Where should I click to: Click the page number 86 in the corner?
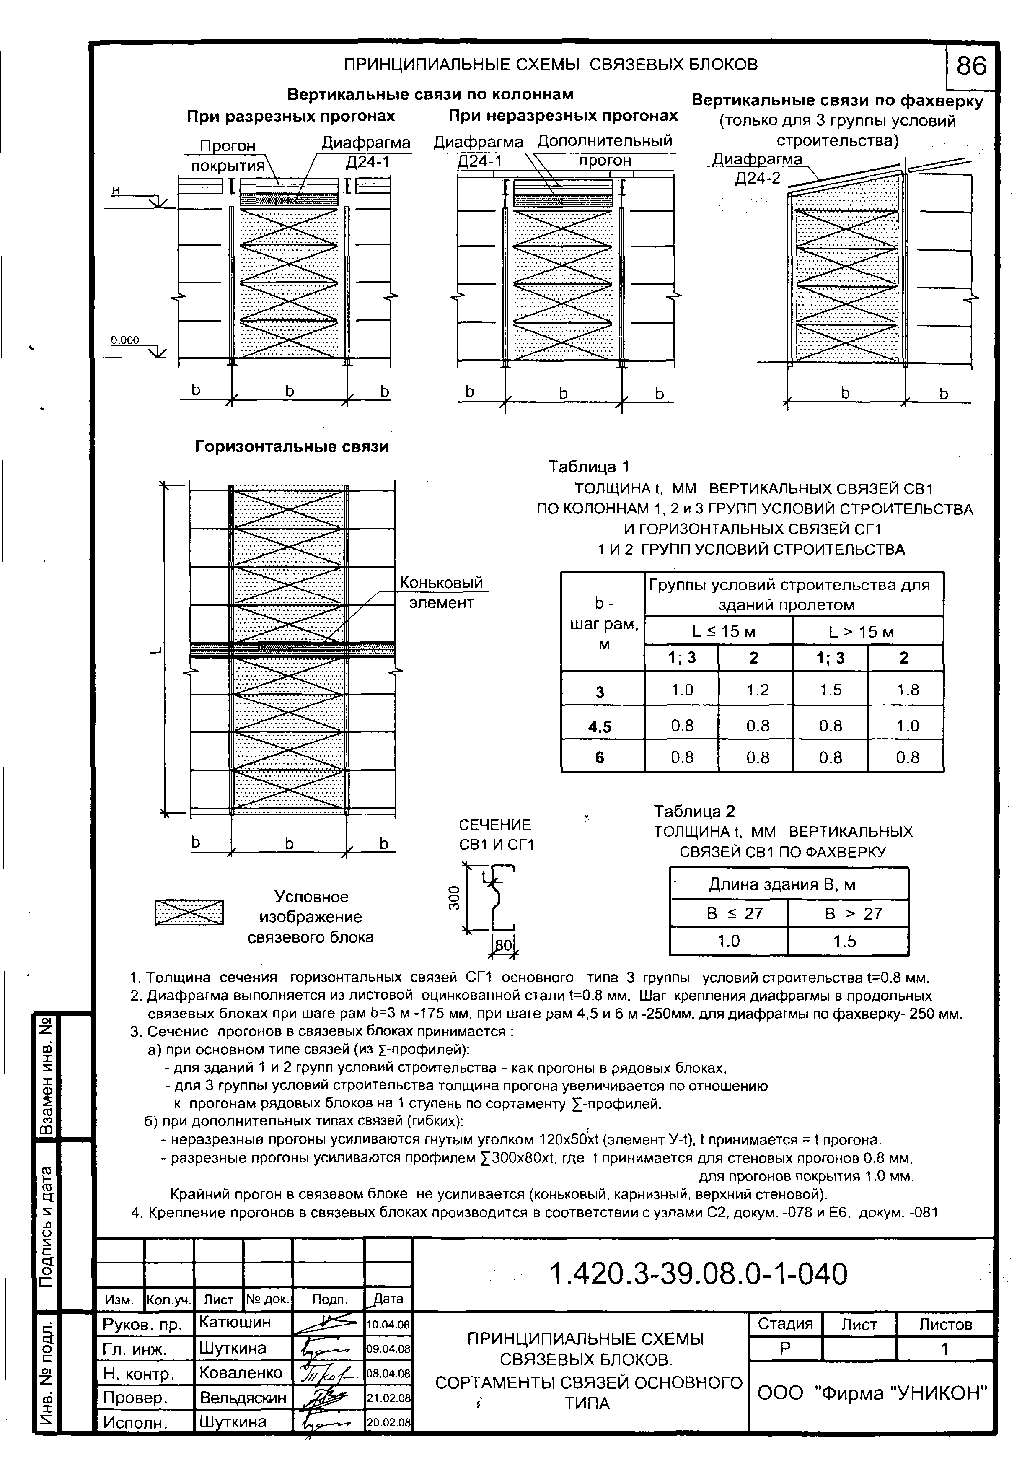[971, 66]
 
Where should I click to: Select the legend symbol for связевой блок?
[189, 912]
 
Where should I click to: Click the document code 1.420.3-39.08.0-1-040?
[699, 1274]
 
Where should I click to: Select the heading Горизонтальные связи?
[292, 446]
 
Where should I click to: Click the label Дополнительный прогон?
[604, 150]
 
